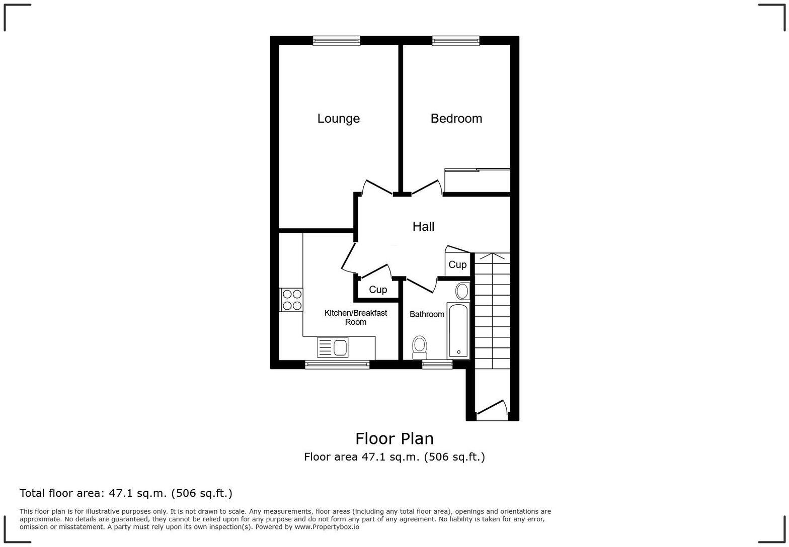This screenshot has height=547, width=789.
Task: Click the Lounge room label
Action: tap(338, 119)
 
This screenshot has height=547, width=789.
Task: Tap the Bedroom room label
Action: tap(456, 119)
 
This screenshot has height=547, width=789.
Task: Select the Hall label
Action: tap(423, 227)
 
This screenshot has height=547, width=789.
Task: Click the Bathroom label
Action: tap(427, 314)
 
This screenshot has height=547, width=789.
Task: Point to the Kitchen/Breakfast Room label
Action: tap(355, 317)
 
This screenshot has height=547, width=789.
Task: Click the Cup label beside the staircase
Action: tap(457, 264)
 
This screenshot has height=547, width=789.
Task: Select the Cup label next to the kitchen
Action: tap(378, 290)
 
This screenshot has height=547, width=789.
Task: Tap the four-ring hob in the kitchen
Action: tap(292, 300)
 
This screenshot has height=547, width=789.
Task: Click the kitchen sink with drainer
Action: tap(333, 347)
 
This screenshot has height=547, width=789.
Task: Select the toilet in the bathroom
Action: tap(419, 347)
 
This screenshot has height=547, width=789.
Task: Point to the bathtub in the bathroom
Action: tap(458, 330)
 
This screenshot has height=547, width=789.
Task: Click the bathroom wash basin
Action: tap(462, 291)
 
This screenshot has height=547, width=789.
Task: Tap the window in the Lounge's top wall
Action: tap(337, 41)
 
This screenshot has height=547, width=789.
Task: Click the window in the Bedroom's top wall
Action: tap(455, 41)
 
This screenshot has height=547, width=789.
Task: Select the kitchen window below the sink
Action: tap(337, 364)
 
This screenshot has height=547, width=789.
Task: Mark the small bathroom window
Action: tap(437, 364)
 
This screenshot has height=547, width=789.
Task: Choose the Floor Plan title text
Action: tap(395, 439)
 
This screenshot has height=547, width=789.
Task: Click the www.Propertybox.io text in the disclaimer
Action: tap(327, 527)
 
